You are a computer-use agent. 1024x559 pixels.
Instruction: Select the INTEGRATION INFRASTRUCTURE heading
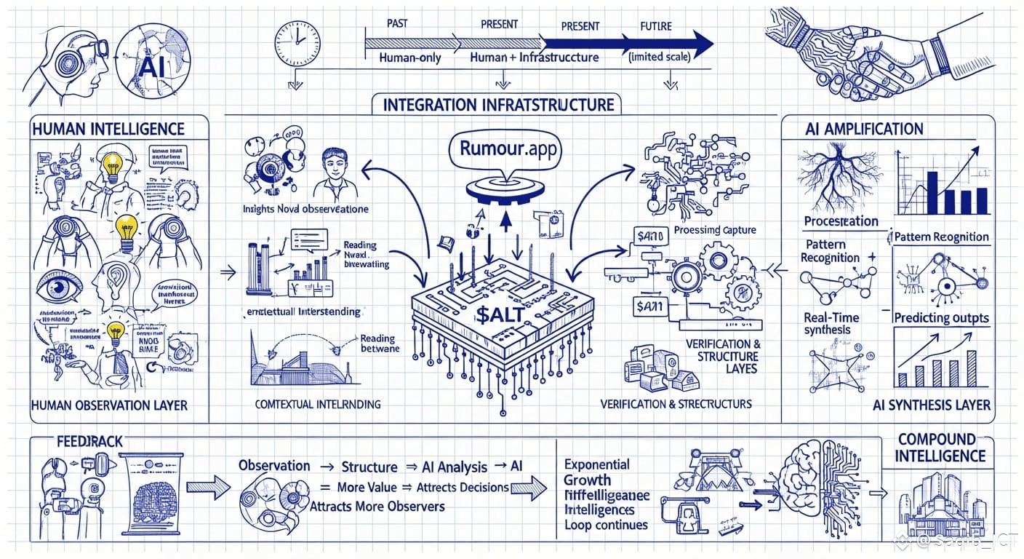[x=498, y=105]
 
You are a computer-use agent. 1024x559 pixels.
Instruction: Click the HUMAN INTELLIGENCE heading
[x=108, y=130]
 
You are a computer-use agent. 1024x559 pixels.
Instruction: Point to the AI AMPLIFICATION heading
[x=864, y=130]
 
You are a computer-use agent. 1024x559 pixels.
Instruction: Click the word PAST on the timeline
[x=397, y=24]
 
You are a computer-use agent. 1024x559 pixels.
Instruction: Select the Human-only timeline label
[x=410, y=57]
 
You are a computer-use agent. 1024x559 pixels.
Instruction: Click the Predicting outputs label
[x=941, y=317]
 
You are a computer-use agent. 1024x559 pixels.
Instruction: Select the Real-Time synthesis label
[x=831, y=324]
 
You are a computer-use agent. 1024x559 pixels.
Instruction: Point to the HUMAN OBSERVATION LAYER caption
[x=109, y=405]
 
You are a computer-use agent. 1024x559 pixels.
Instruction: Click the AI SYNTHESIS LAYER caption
[x=931, y=405]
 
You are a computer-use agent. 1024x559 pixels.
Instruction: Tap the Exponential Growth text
[x=597, y=472]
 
